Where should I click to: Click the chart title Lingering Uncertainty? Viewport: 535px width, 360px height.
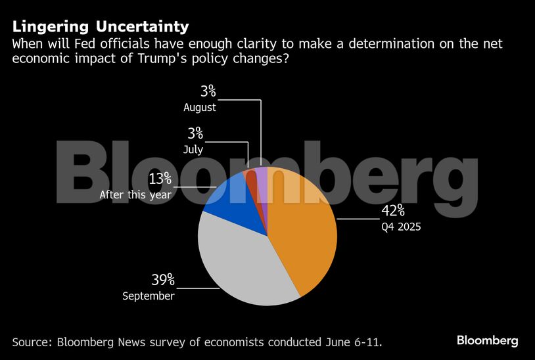pos(101,26)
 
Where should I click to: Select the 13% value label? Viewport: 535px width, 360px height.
pos(159,178)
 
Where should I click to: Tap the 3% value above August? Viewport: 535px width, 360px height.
pos(208,91)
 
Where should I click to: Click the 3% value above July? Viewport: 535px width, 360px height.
pos(195,133)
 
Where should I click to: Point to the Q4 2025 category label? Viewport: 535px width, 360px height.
pos(401,228)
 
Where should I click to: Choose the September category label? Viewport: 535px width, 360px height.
pos(149,296)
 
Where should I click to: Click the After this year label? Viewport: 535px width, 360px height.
pos(135,195)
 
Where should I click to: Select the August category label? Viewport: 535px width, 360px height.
pos(200,107)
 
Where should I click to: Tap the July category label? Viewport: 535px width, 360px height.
pos(193,150)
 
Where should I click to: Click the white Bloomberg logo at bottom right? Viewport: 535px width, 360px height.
pos(487,341)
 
